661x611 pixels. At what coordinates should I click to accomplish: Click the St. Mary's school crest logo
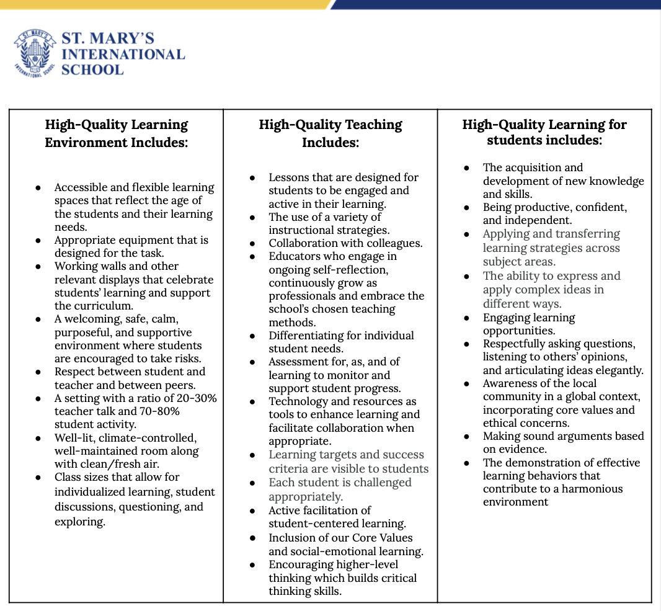tap(35, 54)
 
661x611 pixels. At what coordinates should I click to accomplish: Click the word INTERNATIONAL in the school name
tap(123, 54)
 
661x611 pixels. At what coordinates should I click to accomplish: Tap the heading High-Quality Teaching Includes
tap(330, 133)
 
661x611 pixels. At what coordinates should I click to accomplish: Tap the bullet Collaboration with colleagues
tap(345, 243)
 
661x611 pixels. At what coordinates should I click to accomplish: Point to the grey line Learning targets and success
tap(346, 455)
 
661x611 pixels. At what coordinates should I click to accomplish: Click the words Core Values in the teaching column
tap(382, 538)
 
